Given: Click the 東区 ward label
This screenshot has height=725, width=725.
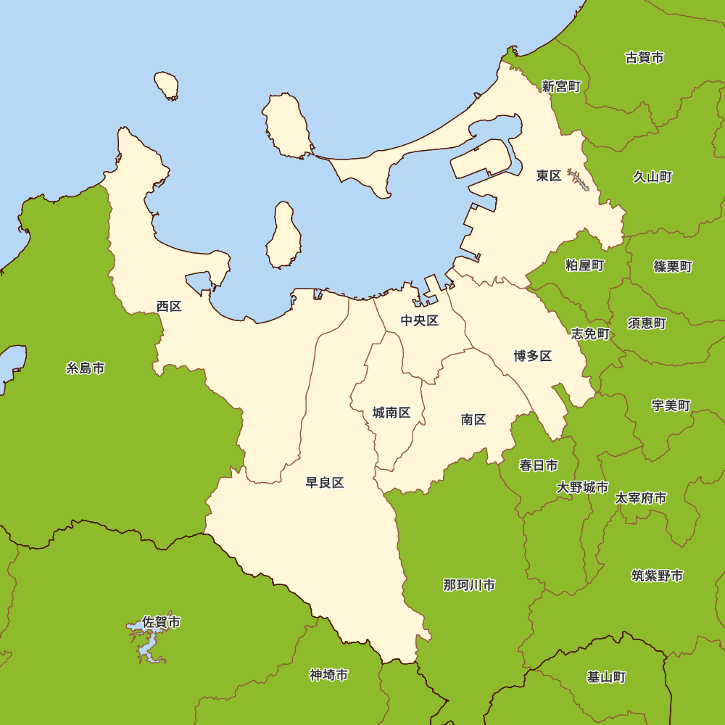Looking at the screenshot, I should tap(549, 175).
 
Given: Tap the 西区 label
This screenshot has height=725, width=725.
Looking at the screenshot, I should tap(169, 306).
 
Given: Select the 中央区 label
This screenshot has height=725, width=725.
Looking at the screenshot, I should tap(420, 320).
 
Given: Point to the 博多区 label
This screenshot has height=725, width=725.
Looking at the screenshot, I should tap(533, 355).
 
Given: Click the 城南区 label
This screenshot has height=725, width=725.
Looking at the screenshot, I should tap(391, 413).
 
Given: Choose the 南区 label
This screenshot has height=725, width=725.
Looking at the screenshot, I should tap(473, 419).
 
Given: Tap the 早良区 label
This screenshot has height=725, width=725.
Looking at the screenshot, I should tap(324, 483).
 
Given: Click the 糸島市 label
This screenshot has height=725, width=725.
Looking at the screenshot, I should tap(86, 368).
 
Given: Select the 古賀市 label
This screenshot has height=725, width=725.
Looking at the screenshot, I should tap(645, 57).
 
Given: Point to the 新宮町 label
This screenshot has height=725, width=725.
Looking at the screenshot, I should tap(561, 86).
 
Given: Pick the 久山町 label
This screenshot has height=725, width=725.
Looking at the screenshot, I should tap(652, 176).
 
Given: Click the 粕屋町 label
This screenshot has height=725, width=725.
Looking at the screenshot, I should tap(584, 265).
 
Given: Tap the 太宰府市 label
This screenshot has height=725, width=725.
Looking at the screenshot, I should tap(641, 498).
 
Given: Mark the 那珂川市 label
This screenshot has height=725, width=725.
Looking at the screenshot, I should tap(469, 584).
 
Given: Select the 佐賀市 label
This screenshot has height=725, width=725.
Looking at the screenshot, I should tap(162, 621).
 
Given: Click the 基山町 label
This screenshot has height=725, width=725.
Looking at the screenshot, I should tap(606, 677).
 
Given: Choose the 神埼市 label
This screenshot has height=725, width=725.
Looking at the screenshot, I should tap(328, 675).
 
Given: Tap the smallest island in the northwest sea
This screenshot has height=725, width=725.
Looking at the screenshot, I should tap(167, 86).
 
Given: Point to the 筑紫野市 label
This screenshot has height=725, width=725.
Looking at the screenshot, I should tap(657, 576).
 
